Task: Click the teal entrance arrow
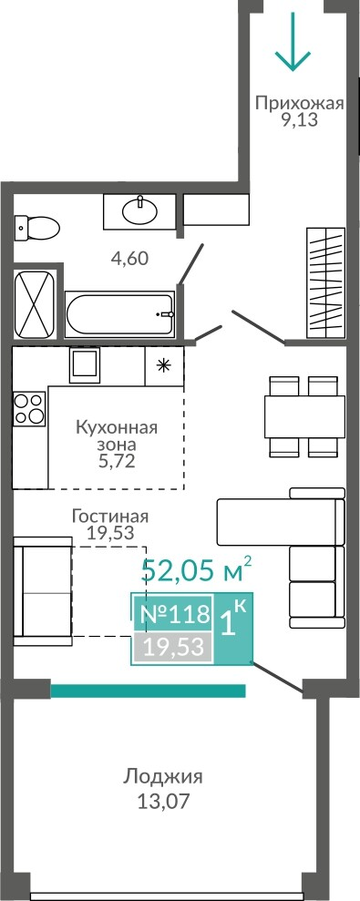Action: pyautogui.click(x=293, y=43)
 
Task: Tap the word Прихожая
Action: pyautogui.click(x=299, y=104)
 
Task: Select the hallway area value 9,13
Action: pyautogui.click(x=299, y=121)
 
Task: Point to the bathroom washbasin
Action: pyautogui.click(x=139, y=210)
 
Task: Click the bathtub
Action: pyautogui.click(x=119, y=315)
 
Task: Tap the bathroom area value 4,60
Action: pyautogui.click(x=129, y=259)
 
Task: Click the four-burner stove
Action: pyautogui.click(x=29, y=408)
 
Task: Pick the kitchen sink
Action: pyautogui.click(x=85, y=365)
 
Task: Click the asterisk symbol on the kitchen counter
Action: pyautogui.click(x=164, y=365)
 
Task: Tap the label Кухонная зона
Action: pyautogui.click(x=117, y=436)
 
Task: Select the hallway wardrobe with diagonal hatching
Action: pyautogui.click(x=325, y=283)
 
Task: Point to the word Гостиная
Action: pyautogui.click(x=110, y=516)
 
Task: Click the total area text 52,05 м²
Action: pyautogui.click(x=197, y=569)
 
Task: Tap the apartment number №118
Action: pyautogui.click(x=175, y=614)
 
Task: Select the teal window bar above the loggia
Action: pyautogui.click(x=149, y=691)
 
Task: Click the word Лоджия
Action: pyautogui.click(x=163, y=778)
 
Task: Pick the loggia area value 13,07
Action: pyautogui.click(x=163, y=801)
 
